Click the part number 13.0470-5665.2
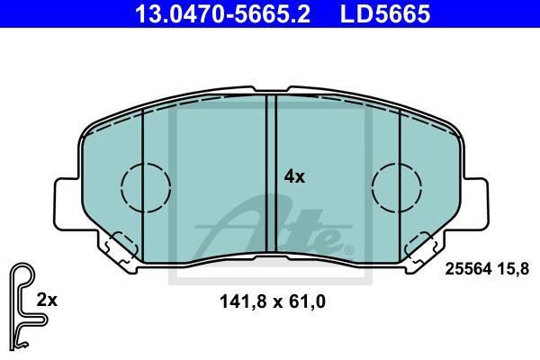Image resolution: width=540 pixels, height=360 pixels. click(x=222, y=13)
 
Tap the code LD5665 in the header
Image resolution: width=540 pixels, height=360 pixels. click(x=385, y=13)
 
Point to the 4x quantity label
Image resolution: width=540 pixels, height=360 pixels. click(x=294, y=176)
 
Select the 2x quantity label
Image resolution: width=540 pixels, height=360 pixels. click(x=47, y=300)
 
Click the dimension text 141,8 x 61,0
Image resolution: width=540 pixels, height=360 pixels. click(x=273, y=301)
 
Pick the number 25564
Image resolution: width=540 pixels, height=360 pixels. click(x=468, y=269)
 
